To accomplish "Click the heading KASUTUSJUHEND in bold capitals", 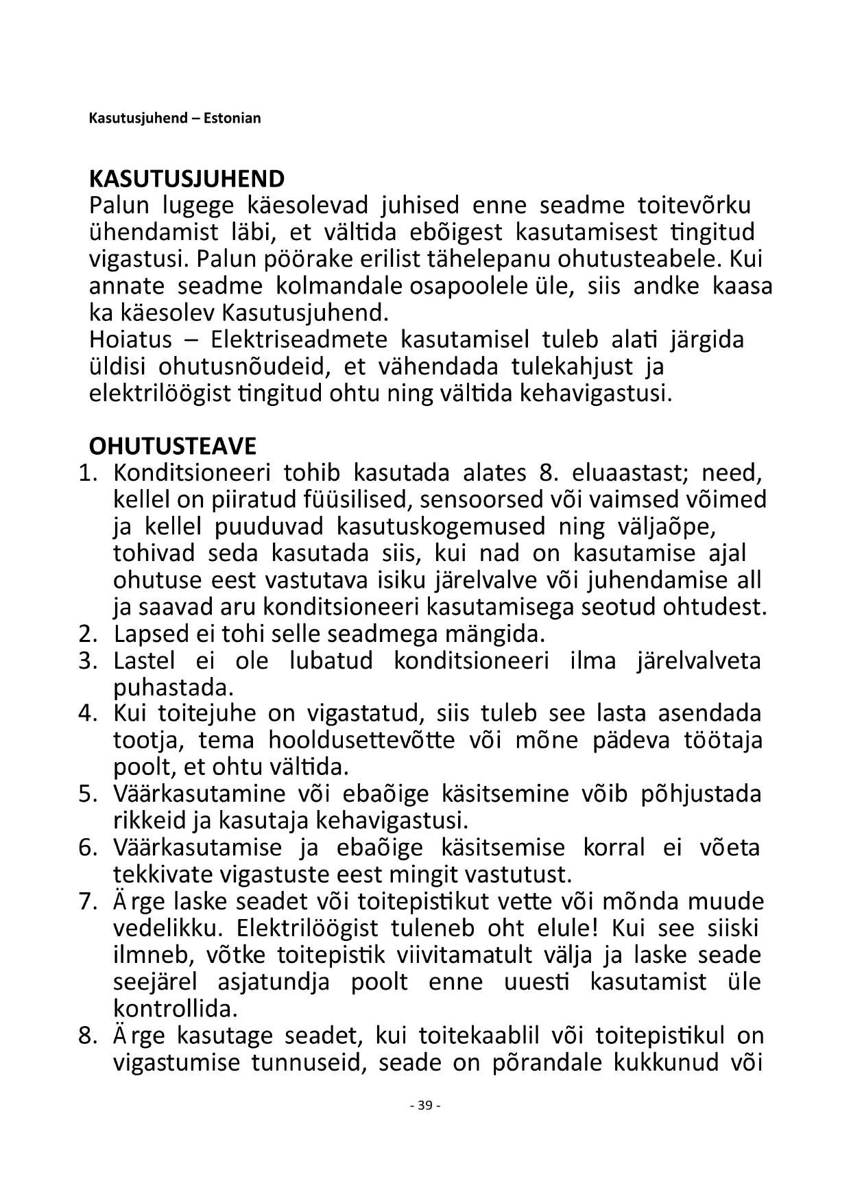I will pos(187,179).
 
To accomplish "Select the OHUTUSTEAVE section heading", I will pos(172,446).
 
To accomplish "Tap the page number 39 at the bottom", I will pos(424,1105).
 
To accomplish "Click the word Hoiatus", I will pos(130,340).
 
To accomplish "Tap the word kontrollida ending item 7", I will pos(175,1009).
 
